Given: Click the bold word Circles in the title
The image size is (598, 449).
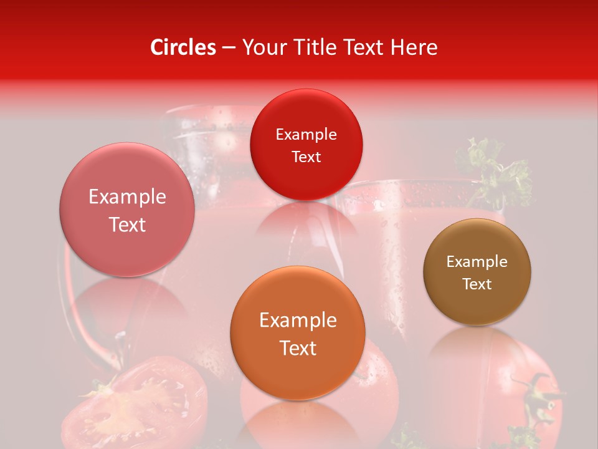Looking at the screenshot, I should (183, 47).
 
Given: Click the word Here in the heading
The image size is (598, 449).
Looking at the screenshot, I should (414, 47).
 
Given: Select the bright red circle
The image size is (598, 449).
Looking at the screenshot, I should (306, 144).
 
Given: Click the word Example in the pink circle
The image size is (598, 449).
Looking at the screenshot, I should (127, 197).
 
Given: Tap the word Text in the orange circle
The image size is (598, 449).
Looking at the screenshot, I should (298, 348).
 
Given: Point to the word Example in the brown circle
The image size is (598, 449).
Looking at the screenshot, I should (477, 262).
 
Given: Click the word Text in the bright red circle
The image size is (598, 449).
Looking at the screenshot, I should (306, 157).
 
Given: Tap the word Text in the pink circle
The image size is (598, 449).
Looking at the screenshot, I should (127, 224).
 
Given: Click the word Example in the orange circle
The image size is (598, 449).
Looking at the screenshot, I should (298, 321).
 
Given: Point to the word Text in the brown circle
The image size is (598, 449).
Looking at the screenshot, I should (477, 284).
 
